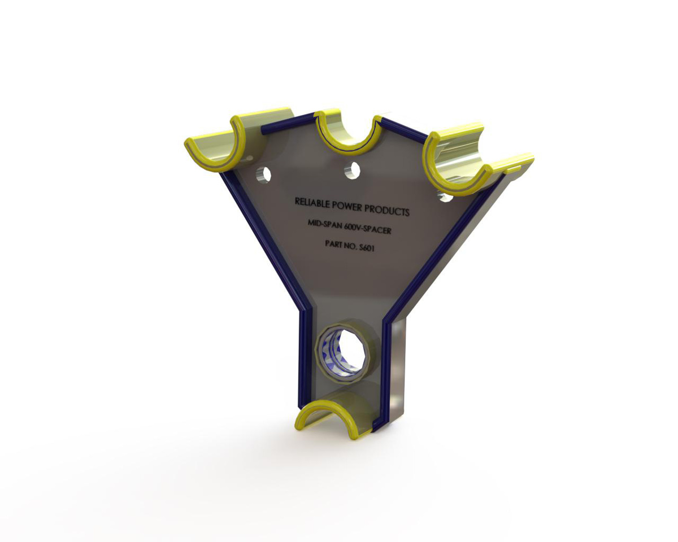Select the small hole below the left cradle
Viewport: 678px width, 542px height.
[x=263, y=174]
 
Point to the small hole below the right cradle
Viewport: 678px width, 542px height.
[x=446, y=197]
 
